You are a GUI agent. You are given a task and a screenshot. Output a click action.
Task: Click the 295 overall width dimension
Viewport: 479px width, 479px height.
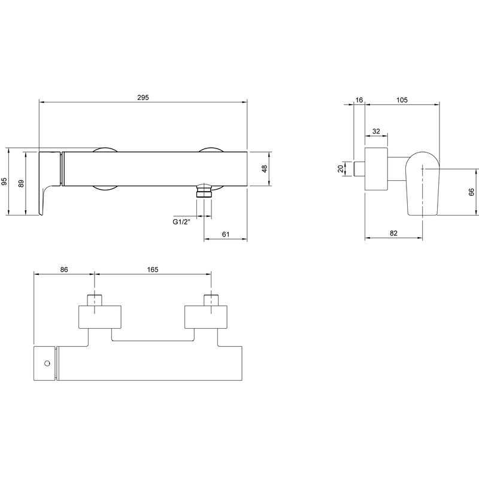(x=143, y=98)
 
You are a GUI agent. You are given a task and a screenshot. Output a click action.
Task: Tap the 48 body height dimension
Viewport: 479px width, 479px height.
(x=265, y=169)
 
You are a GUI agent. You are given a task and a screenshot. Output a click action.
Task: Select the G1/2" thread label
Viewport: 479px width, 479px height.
(x=181, y=222)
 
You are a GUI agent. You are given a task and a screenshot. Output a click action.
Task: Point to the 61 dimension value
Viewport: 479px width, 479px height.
(x=226, y=234)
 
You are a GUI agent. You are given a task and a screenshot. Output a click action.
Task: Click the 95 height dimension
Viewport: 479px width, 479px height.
(x=4, y=181)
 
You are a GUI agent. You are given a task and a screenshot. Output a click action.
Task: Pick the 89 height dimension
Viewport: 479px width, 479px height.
(x=21, y=184)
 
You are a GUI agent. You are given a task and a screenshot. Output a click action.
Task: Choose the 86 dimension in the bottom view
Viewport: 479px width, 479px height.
(x=64, y=269)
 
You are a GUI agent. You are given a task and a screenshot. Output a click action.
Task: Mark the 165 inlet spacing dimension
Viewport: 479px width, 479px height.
(x=153, y=269)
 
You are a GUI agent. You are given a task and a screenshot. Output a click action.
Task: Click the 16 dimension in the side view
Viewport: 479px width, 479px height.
(x=359, y=100)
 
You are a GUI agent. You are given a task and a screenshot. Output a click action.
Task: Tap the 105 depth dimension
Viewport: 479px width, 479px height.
(x=402, y=100)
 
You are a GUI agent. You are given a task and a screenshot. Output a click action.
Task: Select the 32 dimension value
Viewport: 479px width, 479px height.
(x=376, y=131)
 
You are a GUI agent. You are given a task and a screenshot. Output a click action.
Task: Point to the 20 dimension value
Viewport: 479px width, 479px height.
(x=341, y=169)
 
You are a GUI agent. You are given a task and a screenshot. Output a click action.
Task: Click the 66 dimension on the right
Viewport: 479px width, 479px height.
(x=471, y=192)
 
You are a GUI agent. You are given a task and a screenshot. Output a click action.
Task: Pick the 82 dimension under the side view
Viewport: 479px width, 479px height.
(x=394, y=233)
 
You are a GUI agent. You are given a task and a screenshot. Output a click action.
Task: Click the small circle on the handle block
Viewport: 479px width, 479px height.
(x=47, y=363)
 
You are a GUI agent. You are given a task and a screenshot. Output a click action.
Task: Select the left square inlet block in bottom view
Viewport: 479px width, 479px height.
(x=100, y=317)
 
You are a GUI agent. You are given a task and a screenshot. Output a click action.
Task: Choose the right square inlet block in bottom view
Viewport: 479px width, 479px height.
(x=206, y=317)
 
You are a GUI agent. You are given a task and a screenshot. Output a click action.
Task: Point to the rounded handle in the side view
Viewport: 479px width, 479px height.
(x=423, y=183)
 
